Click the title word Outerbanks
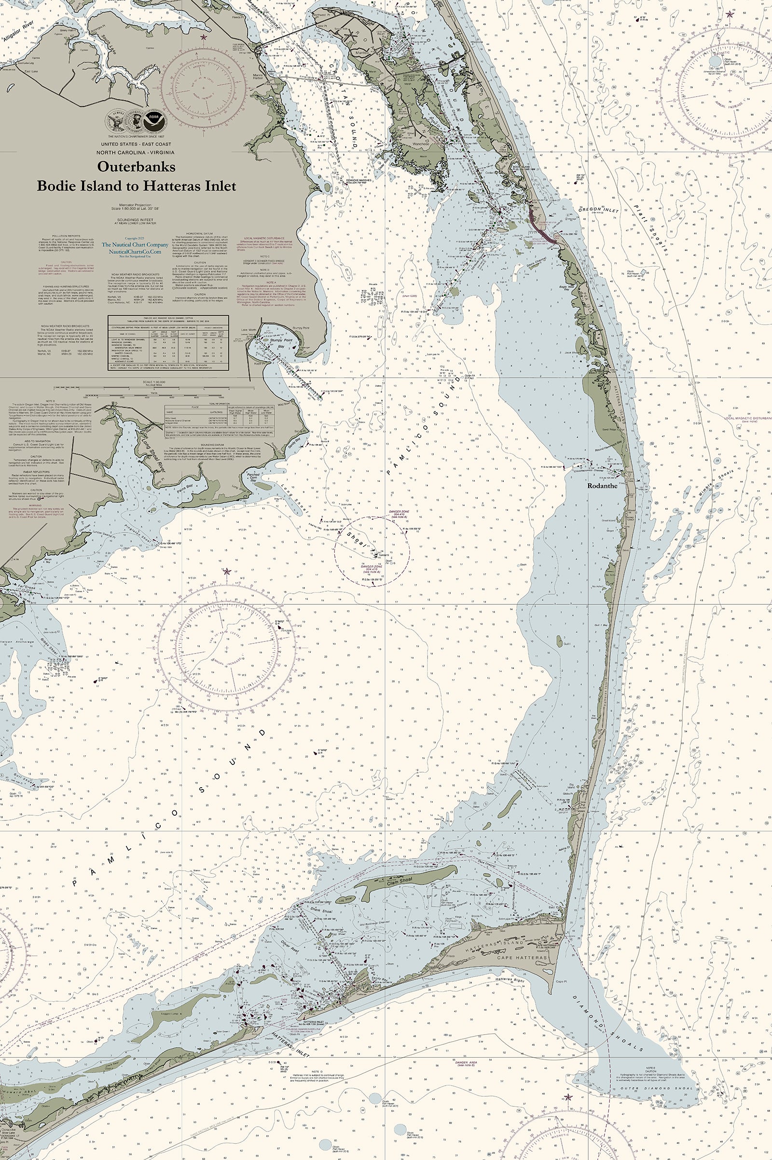(x=137, y=166)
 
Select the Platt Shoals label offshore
(x=650, y=227)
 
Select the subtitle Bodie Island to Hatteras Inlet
(x=137, y=186)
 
